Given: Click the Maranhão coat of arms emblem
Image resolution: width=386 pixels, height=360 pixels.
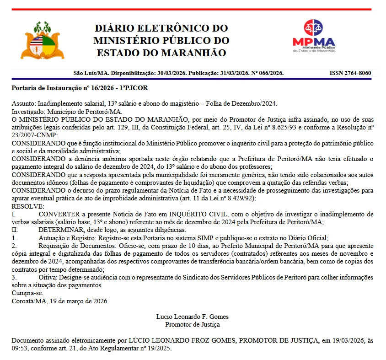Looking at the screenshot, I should [44, 40].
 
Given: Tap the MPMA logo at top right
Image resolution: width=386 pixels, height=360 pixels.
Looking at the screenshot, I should [314, 36].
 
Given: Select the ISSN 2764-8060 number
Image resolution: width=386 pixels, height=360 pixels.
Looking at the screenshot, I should [350, 73].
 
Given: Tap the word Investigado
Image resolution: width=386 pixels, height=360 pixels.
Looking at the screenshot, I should [27, 111].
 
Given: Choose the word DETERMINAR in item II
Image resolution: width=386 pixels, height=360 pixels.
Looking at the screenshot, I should [61, 230].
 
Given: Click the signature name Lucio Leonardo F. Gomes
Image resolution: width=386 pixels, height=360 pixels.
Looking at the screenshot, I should [192, 317].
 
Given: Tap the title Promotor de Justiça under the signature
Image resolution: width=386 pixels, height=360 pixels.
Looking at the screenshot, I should [192, 324].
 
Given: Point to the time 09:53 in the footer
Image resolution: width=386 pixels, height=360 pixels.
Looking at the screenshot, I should [19, 348].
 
